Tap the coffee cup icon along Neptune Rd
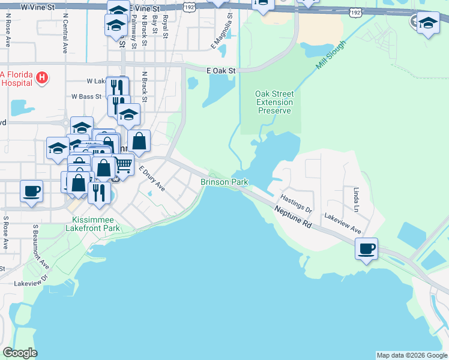366,248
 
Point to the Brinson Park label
224,181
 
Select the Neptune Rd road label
294,217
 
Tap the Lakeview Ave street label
343,223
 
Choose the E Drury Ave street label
152,179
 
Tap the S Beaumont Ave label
40,246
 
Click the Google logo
20,353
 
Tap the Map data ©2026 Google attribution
411,355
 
